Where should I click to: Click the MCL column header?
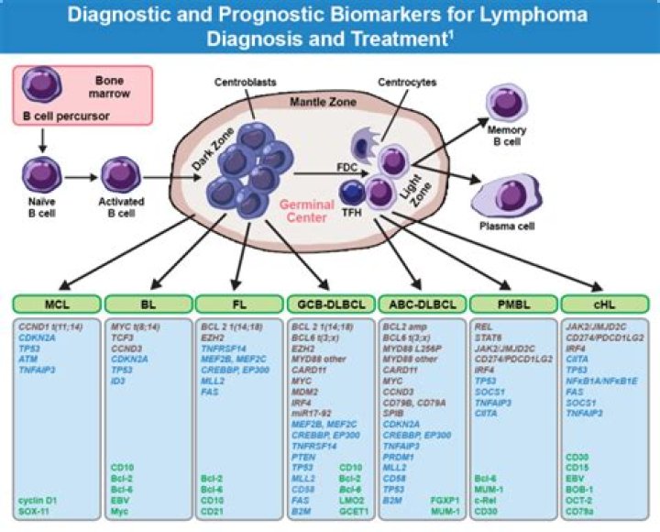point(57,304)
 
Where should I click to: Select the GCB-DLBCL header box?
point(331,304)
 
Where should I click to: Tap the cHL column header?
point(603,304)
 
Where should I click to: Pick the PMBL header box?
point(512,304)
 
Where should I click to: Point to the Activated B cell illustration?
point(120,174)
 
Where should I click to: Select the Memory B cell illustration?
point(507,105)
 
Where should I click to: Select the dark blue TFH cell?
point(353,194)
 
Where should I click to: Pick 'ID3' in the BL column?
point(117,380)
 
